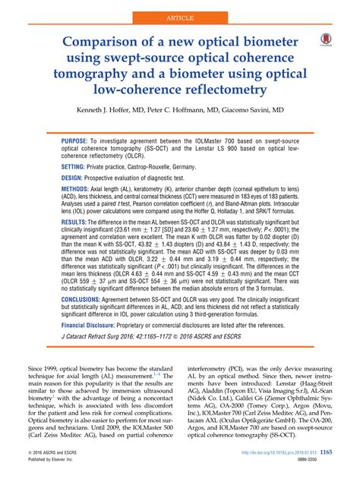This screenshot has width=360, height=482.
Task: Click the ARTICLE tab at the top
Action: (179, 13)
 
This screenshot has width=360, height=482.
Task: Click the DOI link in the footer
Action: (266, 452)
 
